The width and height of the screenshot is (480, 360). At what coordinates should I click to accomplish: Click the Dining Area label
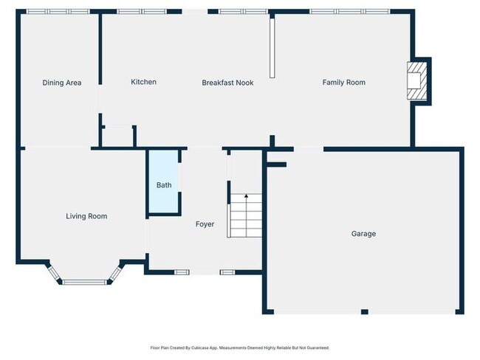point(61,83)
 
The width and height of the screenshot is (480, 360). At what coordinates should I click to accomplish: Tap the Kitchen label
point(143,82)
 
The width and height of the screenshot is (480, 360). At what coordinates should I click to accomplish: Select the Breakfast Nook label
point(227,83)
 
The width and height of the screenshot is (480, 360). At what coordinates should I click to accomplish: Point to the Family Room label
point(343,83)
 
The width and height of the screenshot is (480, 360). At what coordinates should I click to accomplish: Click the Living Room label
point(86,216)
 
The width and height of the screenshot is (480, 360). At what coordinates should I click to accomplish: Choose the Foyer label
point(205,224)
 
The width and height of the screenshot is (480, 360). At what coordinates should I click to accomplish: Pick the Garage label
point(363,234)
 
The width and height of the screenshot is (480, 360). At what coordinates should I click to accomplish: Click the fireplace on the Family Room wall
point(417,80)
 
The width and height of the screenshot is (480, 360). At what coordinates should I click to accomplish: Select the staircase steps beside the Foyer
point(244,215)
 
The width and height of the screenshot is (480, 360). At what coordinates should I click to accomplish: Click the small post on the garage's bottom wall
point(364,312)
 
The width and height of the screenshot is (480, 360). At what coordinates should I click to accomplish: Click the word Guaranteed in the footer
point(315,347)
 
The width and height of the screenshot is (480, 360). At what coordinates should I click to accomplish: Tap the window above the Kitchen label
point(142,12)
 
